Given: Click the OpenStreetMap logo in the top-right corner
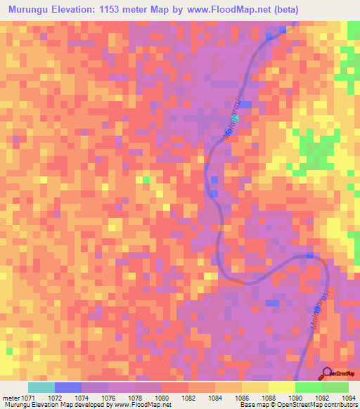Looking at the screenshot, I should click(x=345, y=70).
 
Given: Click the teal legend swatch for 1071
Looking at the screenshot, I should click(x=41, y=387).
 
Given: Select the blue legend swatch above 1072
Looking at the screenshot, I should click(x=68, y=387).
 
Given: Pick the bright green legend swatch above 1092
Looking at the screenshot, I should click(x=308, y=387).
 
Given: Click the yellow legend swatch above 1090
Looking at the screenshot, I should click(x=281, y=387).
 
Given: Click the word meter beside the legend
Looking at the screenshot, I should click(x=11, y=398).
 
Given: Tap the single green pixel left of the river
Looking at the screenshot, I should click(x=146, y=181).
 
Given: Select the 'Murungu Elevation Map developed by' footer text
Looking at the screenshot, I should click(x=51, y=405).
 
